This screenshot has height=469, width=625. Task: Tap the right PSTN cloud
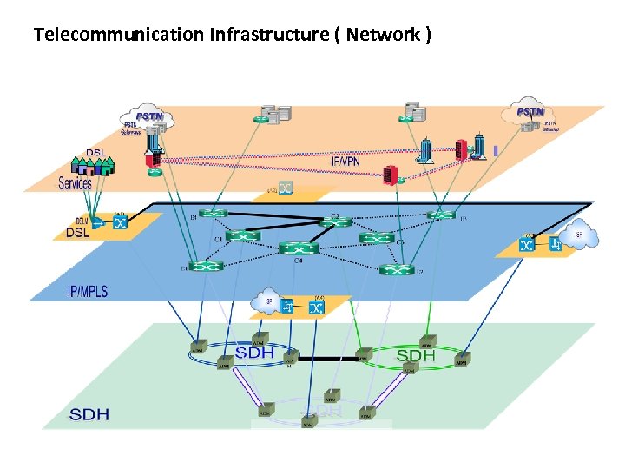click(x=529, y=112)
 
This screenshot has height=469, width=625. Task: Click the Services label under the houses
click(x=76, y=183)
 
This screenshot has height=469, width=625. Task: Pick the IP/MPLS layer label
click(x=88, y=292)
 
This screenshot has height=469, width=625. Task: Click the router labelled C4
click(x=298, y=248)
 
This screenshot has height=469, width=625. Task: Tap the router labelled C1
click(x=242, y=235)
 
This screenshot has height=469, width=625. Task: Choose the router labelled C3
click(x=377, y=237)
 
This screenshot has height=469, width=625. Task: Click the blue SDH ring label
click(x=254, y=353)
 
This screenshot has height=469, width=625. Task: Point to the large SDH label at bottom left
click(x=89, y=414)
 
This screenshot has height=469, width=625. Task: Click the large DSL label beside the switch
click(x=78, y=233)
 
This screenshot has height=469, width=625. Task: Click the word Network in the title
click(x=389, y=36)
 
